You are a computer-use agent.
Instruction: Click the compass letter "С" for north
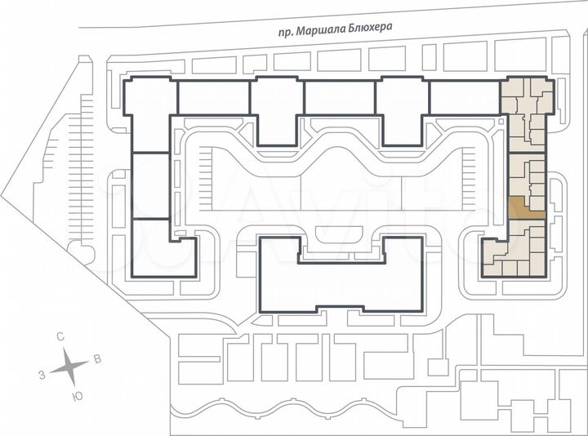61,336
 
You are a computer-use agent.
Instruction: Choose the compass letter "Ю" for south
78,396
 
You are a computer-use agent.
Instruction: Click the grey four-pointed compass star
70,367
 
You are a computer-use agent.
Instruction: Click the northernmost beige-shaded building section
527,114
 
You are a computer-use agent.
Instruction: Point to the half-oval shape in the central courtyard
341,233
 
